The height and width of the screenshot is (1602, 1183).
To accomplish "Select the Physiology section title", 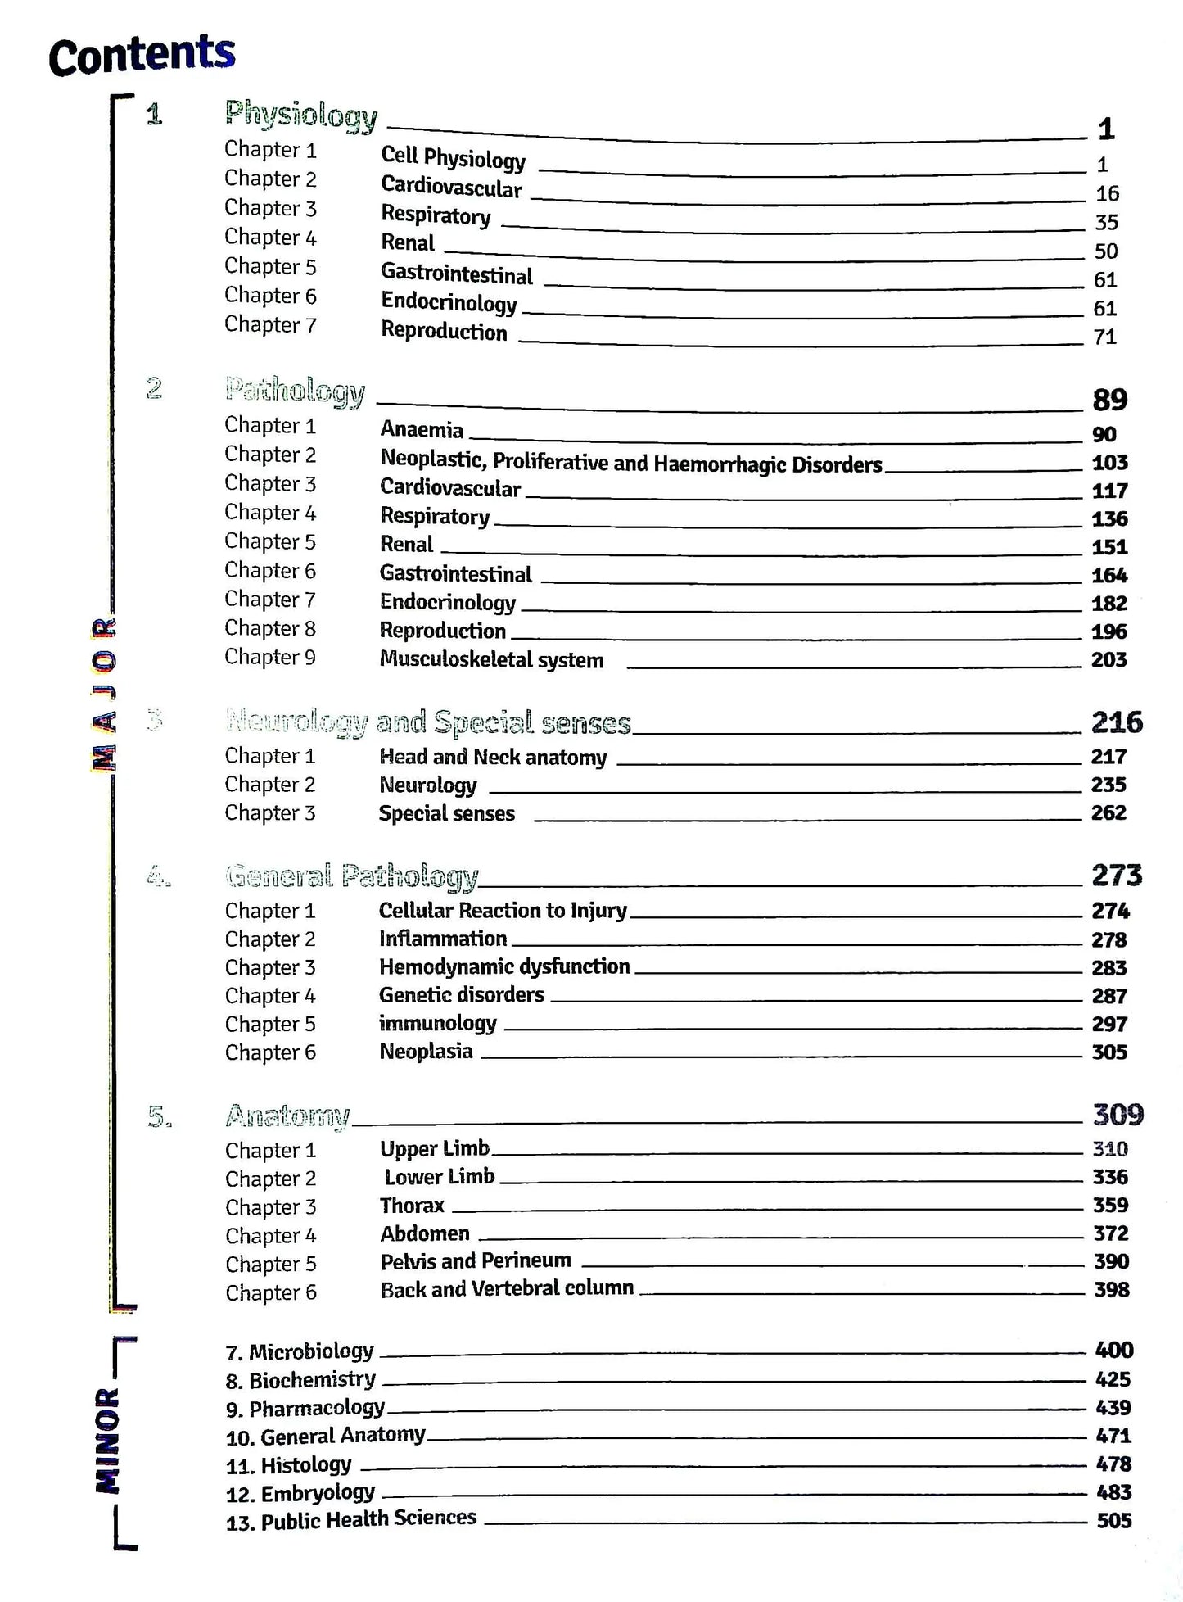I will click(300, 115).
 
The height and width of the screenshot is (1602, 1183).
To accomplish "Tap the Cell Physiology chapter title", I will click(453, 156).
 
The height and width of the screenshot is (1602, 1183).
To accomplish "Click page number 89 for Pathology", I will click(1109, 400).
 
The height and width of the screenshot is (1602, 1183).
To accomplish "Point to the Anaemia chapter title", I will click(422, 429).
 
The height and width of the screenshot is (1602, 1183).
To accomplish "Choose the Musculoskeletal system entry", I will click(491, 659).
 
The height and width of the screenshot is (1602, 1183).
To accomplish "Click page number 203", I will click(1108, 659).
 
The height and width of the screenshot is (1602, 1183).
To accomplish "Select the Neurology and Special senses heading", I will click(428, 722).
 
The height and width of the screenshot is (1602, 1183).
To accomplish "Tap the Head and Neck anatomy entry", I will click(493, 757).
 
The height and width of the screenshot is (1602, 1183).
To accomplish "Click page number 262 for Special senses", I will click(1108, 812).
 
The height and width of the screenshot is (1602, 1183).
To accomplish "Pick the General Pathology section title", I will click(352, 876).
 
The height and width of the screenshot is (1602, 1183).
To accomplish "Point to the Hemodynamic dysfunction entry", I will click(504, 966).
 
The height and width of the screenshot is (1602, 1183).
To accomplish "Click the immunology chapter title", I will click(437, 1023).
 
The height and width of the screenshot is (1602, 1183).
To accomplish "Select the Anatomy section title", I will click(287, 1116).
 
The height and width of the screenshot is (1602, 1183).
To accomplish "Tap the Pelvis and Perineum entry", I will click(476, 1260).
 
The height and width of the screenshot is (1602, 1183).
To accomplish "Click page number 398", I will click(1111, 1289).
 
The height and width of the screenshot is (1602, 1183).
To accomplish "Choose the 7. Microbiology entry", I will click(300, 1351).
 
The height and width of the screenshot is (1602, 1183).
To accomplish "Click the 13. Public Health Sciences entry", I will click(351, 1519).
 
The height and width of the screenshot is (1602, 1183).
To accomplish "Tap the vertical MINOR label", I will click(106, 1441).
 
